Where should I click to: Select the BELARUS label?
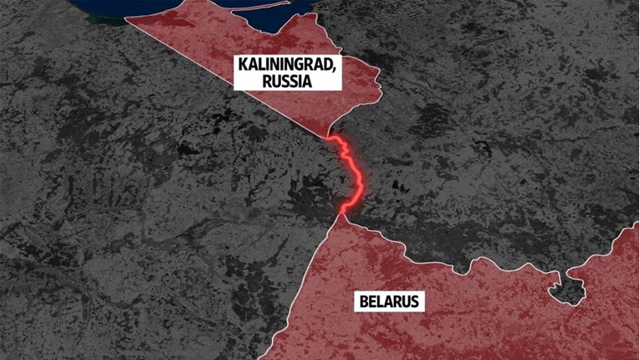[391, 301]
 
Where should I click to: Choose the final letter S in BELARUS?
[417, 301]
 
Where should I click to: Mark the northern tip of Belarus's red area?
[342, 213]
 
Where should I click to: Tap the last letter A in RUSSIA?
[310, 81]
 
